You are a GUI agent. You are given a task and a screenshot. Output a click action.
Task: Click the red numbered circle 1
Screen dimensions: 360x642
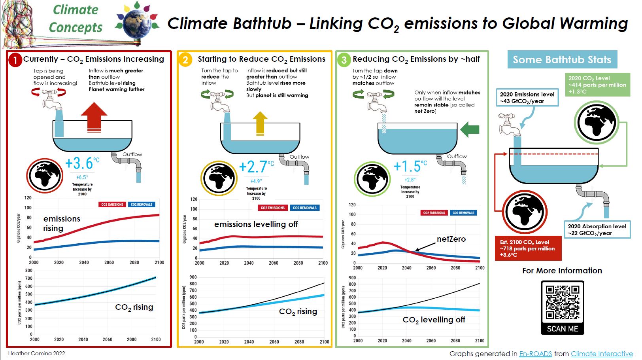[x=15, y=60]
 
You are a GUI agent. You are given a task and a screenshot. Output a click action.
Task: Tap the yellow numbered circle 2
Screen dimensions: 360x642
[x=185, y=60]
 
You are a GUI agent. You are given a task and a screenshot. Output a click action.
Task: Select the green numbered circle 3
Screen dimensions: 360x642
[x=344, y=60]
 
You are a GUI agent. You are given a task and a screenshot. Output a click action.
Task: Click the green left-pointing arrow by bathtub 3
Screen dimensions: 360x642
[x=470, y=129]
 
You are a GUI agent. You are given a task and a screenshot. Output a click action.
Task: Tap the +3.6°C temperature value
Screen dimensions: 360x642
[x=82, y=163]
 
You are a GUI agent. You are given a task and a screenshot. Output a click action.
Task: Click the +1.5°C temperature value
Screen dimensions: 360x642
[x=410, y=166]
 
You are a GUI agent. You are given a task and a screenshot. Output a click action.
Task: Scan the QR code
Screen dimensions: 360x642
[x=562, y=303]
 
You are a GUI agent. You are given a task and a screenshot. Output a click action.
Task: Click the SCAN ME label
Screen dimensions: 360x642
[x=562, y=329]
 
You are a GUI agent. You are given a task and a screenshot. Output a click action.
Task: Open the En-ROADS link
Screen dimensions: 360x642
[x=535, y=354]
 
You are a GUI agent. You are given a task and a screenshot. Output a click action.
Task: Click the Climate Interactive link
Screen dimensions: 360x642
[x=602, y=354]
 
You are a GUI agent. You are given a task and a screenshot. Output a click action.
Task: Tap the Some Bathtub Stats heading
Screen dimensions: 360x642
[x=562, y=60]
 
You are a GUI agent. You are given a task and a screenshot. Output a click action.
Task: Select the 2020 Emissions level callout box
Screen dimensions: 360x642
[x=527, y=97]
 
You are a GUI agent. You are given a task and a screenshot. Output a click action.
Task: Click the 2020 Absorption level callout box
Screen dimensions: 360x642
[x=597, y=229]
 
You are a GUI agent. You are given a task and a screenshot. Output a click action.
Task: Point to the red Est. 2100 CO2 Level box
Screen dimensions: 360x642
[x=528, y=248]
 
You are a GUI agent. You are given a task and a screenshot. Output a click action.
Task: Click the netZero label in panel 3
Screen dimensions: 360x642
[x=451, y=239]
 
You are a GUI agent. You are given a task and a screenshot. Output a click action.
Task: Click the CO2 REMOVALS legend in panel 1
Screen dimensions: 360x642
[x=142, y=205]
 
